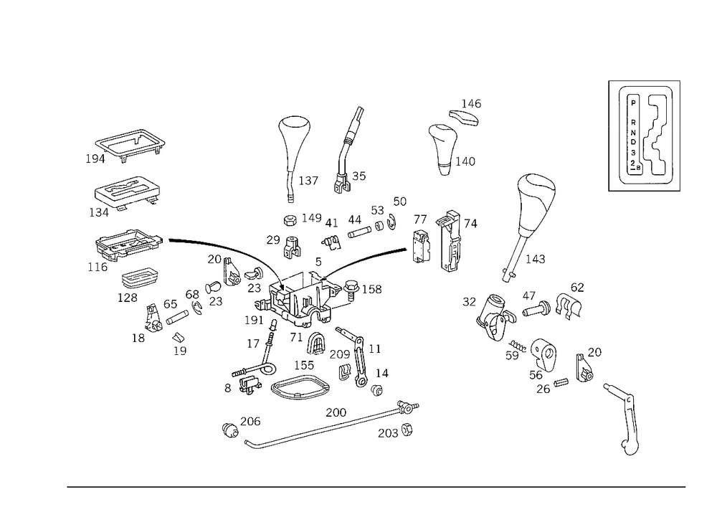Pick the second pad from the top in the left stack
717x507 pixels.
pyautogui.click(x=127, y=190)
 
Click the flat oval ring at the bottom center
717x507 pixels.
pyautogui.click(x=300, y=388)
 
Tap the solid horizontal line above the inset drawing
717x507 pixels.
pyautogui.click(x=644, y=79)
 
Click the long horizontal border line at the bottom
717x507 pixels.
pyautogui.click(x=376, y=486)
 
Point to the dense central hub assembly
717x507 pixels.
pyautogui.click(x=301, y=301)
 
